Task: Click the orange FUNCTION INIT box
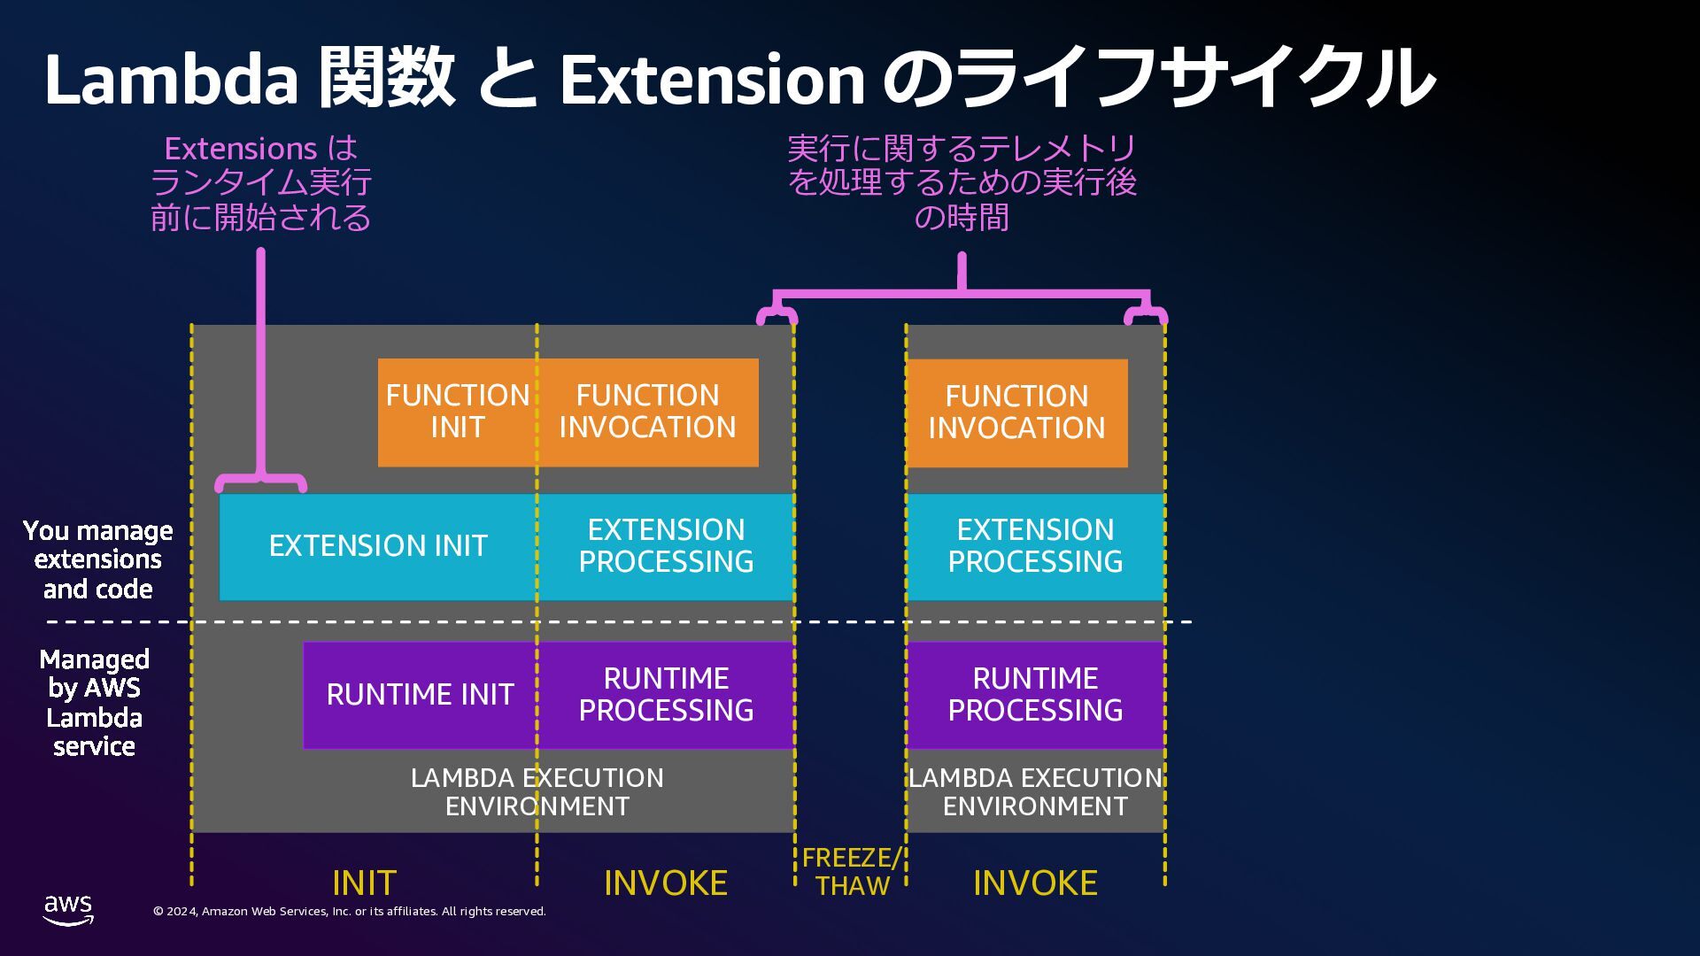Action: [x=457, y=412]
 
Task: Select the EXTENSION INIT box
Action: [x=378, y=546]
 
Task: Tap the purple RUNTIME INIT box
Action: [x=420, y=695]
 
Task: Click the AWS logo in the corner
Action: [x=68, y=909]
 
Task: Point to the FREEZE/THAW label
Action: [x=851, y=872]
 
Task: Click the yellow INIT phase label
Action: [x=364, y=883]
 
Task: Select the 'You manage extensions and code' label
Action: [x=97, y=560]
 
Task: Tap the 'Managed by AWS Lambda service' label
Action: [x=95, y=703]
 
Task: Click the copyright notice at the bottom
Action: [x=350, y=912]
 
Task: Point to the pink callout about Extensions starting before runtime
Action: [x=261, y=183]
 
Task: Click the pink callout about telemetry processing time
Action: [x=962, y=183]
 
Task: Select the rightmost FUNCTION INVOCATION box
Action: [x=1016, y=412]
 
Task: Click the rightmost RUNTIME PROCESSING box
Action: [x=1035, y=695]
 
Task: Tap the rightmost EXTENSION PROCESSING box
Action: [x=1035, y=546]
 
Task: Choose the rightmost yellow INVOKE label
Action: [x=1035, y=883]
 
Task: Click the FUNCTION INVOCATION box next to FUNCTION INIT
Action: [x=648, y=412]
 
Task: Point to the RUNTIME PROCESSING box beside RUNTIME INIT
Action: [x=666, y=695]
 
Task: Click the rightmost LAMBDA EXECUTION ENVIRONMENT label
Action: [x=1035, y=792]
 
